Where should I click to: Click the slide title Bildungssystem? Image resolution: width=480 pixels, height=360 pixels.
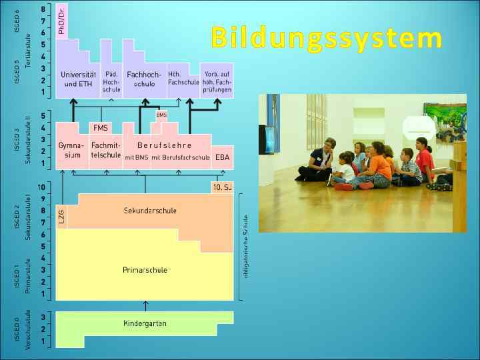(x=326, y=38)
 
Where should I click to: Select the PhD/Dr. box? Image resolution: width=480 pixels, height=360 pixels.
(x=62, y=21)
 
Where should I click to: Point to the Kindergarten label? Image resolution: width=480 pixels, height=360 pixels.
(x=145, y=323)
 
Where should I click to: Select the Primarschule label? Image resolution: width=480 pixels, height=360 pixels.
(x=145, y=270)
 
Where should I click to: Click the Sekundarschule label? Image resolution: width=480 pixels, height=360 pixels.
(x=150, y=211)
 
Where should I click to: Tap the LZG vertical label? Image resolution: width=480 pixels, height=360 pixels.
(x=62, y=217)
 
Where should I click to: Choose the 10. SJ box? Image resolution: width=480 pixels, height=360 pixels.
(x=222, y=187)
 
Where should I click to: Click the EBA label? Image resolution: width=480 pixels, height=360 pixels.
(x=222, y=157)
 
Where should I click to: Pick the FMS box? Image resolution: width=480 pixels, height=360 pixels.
(x=100, y=128)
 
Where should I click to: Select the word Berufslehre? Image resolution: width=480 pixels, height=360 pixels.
(x=164, y=145)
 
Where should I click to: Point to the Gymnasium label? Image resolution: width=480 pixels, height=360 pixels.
(x=70, y=150)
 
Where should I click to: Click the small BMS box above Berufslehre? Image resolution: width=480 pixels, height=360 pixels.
(x=161, y=115)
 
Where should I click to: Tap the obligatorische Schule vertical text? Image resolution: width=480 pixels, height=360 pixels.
(x=245, y=247)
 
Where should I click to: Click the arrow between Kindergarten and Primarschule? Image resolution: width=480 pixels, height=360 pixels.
(x=146, y=305)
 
